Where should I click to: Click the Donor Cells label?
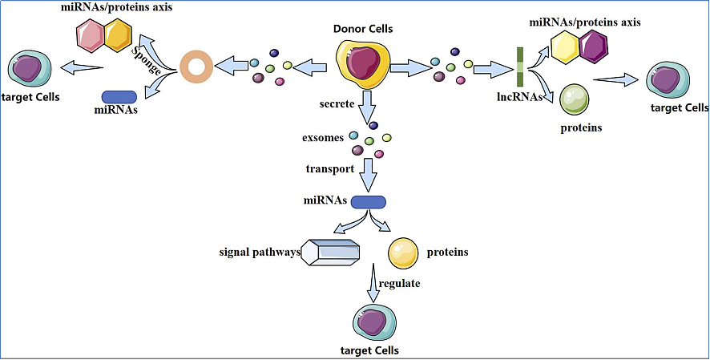[363, 29]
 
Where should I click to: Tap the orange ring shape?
[196, 67]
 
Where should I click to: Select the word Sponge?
[147, 56]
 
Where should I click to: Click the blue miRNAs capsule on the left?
[119, 96]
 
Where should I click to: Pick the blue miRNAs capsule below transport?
[369, 202]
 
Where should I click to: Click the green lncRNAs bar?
[520, 67]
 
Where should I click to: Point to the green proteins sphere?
[575, 100]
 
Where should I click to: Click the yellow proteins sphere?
[403, 253]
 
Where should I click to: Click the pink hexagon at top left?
[92, 34]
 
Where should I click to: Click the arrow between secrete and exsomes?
[369, 105]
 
